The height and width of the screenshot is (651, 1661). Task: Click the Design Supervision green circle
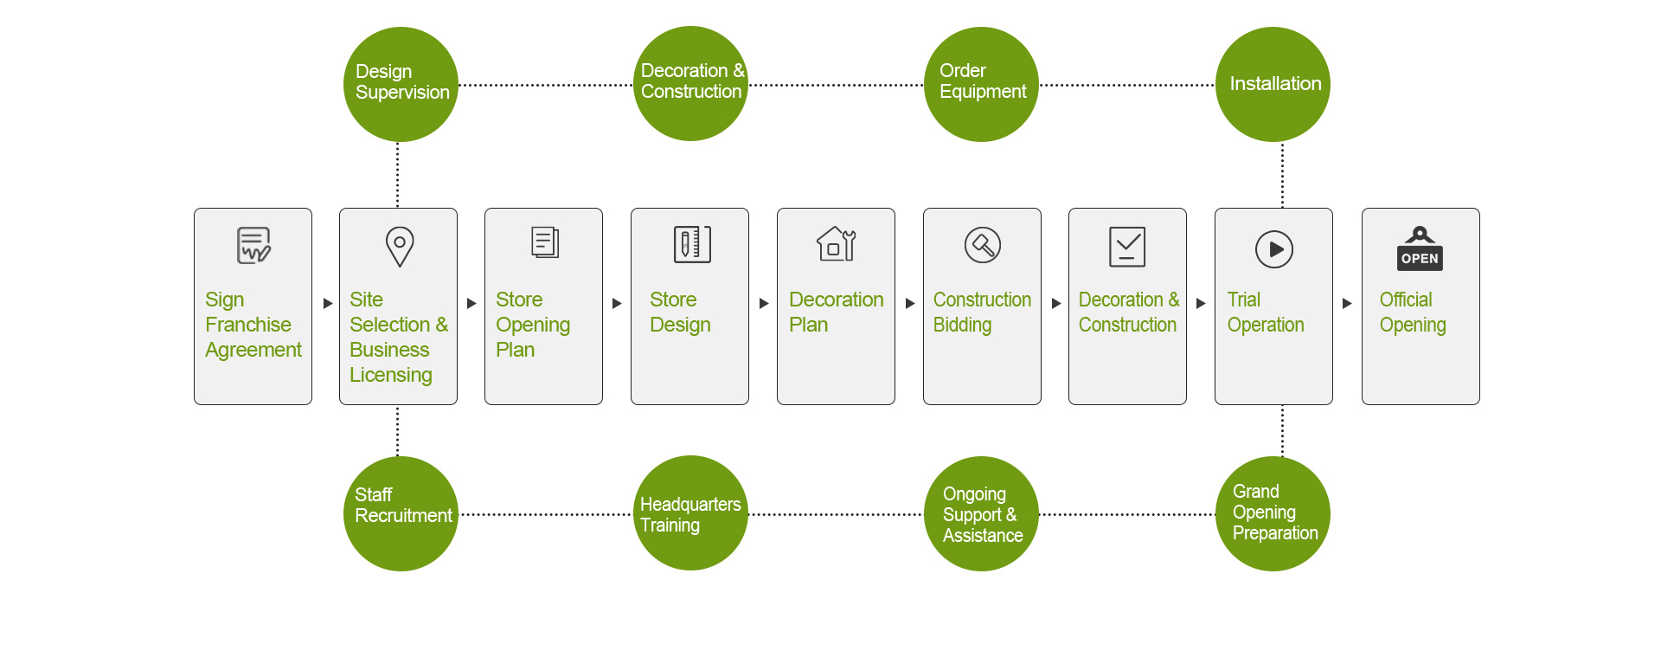click(x=401, y=84)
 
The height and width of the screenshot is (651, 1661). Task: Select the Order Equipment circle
click(x=981, y=84)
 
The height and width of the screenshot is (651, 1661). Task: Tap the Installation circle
click(x=1273, y=84)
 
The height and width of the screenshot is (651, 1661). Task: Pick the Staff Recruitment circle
click(x=401, y=513)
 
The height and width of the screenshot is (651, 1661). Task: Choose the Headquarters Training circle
click(x=690, y=513)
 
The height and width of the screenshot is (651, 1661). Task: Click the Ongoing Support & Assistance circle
click(x=981, y=513)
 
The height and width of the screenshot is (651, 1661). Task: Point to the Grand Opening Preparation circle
click(x=1273, y=513)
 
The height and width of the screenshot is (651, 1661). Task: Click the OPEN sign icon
click(x=1420, y=248)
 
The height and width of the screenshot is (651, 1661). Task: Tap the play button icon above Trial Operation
click(x=1274, y=249)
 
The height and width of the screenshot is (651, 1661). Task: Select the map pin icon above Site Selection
click(x=400, y=247)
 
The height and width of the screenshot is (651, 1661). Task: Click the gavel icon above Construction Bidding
click(x=983, y=245)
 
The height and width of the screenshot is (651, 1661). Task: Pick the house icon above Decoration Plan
click(x=837, y=244)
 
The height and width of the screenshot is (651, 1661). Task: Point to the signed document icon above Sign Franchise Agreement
click(x=253, y=245)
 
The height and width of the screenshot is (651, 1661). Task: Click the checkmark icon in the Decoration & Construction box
click(x=1127, y=247)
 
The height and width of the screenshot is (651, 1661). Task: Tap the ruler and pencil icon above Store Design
click(x=692, y=244)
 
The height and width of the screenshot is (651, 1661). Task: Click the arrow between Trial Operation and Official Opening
click(x=1347, y=304)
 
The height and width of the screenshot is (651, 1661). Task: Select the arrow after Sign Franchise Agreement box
click(x=328, y=304)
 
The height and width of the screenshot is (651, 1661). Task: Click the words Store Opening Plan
click(x=533, y=325)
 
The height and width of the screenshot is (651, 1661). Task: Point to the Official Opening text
click(x=1413, y=313)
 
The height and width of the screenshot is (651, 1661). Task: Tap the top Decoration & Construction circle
click(x=690, y=84)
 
